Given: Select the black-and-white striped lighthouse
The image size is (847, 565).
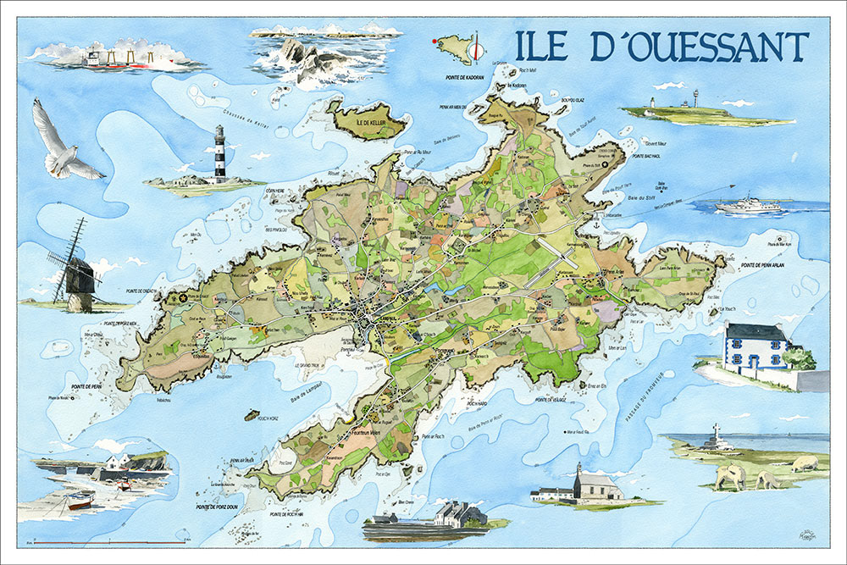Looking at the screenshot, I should click(x=219, y=153).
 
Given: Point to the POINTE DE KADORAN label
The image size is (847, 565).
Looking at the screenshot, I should click(x=465, y=77).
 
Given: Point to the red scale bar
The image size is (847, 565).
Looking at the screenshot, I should click(x=110, y=541).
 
